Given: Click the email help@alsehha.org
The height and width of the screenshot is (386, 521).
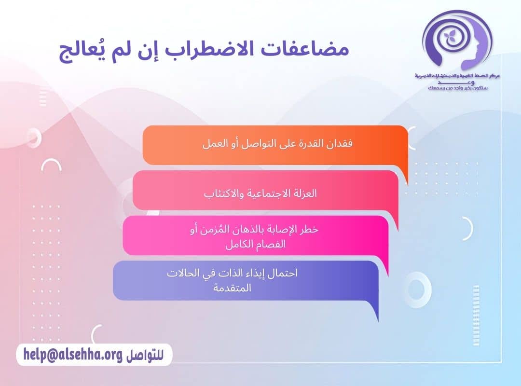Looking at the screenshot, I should click(x=73, y=355).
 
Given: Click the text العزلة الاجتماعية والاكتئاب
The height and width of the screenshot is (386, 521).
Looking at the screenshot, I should click(x=260, y=193).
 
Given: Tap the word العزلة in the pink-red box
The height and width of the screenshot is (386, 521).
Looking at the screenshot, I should click(x=304, y=193).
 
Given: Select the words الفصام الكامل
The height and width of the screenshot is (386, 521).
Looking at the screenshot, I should click(x=256, y=244).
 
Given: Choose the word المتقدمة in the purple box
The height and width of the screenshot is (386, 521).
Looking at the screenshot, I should click(x=232, y=288).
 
